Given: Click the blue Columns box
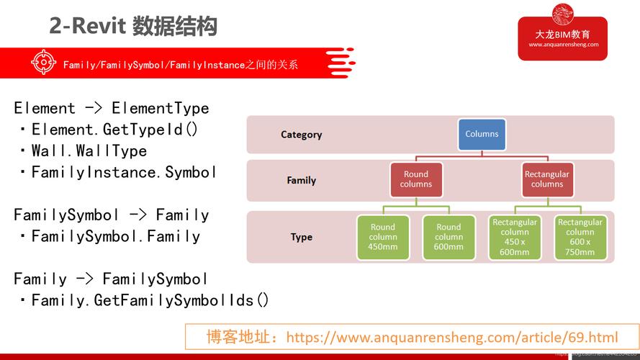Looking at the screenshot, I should (x=482, y=134).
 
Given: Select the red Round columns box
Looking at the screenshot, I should (x=415, y=179).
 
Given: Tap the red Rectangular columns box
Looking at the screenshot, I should (x=546, y=179).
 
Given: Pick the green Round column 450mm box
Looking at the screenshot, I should (x=383, y=237).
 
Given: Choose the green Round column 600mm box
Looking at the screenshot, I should (x=449, y=237).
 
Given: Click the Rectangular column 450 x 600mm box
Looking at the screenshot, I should (x=515, y=237).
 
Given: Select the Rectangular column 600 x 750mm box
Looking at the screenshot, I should (x=580, y=237).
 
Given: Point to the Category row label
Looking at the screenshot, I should (x=301, y=135).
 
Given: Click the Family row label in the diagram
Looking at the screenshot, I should (x=301, y=181).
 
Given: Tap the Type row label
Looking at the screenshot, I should (x=301, y=237).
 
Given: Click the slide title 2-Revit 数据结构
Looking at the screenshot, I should (x=133, y=27).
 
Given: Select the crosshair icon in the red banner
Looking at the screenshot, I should (x=43, y=63).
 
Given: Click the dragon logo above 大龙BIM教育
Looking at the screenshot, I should (x=563, y=15).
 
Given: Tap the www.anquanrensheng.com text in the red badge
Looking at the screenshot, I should (x=563, y=45).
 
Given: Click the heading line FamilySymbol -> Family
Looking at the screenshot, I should (x=111, y=215).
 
